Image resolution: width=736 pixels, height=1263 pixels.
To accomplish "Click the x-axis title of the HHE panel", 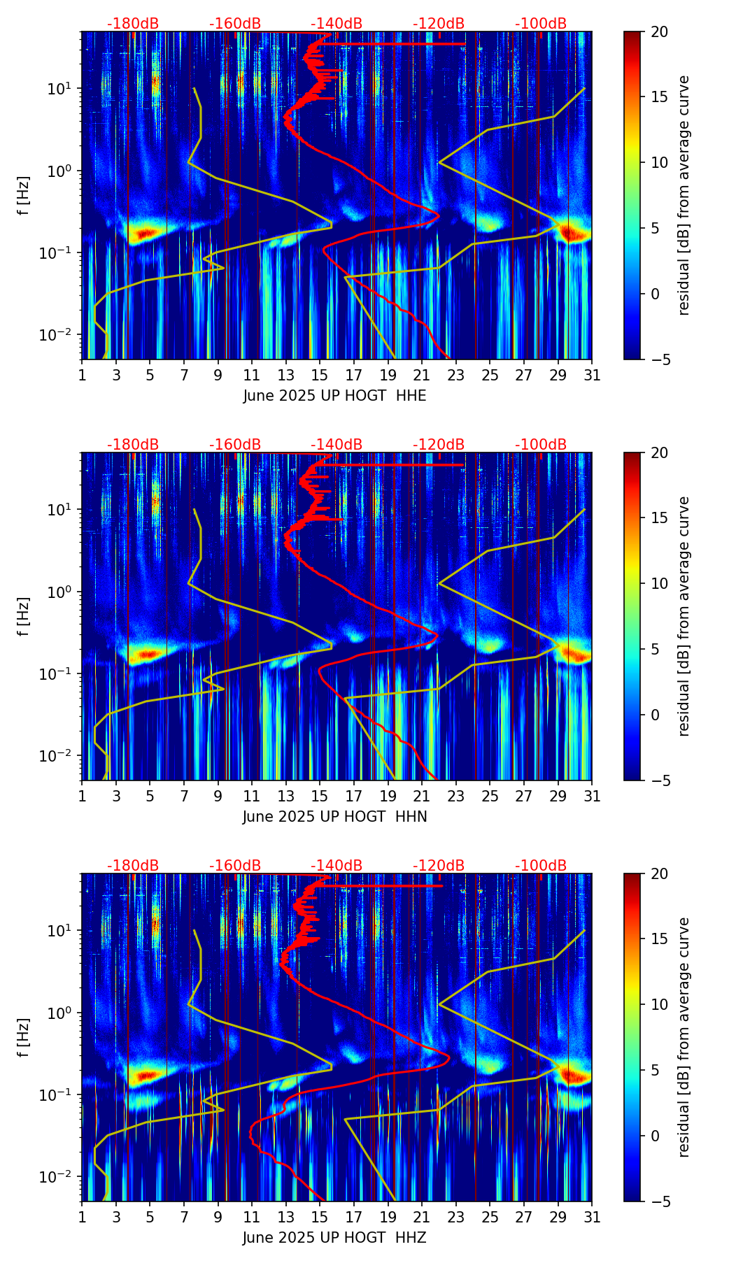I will click(x=334, y=396).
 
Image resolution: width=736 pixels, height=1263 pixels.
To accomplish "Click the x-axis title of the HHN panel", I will click(x=334, y=817).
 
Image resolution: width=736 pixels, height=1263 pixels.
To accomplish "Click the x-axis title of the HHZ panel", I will click(x=334, y=1238).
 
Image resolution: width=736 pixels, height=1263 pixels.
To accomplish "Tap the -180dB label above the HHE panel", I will click(x=133, y=24).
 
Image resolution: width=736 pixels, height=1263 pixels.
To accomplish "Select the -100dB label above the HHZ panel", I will click(x=541, y=866).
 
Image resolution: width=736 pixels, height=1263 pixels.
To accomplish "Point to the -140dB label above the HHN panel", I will click(x=337, y=445).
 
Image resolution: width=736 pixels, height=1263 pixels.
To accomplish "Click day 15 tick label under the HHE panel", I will click(x=320, y=375).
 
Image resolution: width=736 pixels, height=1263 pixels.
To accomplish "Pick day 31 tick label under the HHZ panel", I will click(x=592, y=1217).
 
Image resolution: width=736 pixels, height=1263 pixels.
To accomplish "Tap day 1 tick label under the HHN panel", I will click(x=82, y=796).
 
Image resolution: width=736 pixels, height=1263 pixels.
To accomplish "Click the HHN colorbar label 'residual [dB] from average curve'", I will click(x=684, y=616).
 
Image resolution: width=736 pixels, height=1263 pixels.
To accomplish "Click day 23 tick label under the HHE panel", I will click(x=456, y=375).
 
